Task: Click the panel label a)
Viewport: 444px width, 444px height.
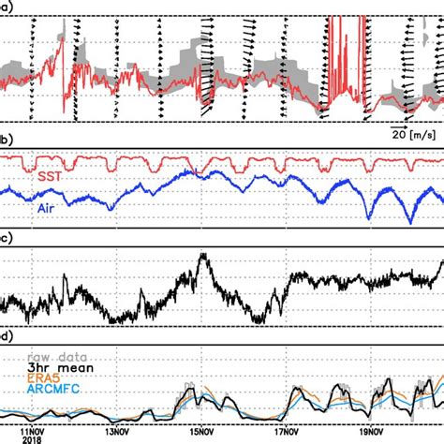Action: coord(6,7)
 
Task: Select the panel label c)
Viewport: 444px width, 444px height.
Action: coord(6,238)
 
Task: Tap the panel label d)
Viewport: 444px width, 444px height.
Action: coord(6,334)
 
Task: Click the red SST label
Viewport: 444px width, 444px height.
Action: coord(52,176)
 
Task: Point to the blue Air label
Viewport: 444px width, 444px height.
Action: coord(51,208)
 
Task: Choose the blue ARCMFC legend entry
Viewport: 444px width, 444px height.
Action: coord(56,392)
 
